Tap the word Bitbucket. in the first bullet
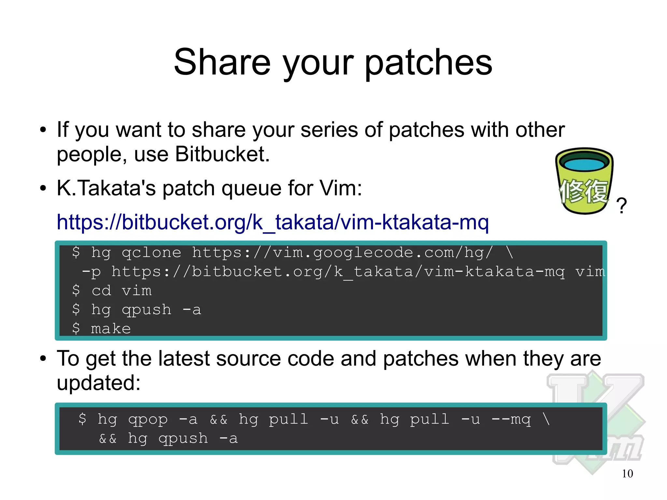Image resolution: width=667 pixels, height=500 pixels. pos(222,154)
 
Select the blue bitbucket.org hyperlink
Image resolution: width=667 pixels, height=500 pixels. pos(273,222)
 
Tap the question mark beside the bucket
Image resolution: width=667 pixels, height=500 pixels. pos(621,206)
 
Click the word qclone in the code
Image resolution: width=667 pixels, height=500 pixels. pos(151,253)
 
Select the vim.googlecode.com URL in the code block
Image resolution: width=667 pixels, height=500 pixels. pos(342,253)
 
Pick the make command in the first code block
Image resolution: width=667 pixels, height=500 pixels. pos(111,328)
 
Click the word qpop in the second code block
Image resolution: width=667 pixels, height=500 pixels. pos(148,420)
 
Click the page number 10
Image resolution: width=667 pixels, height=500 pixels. pos(627,474)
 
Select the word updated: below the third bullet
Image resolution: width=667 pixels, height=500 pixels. pos(98,383)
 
